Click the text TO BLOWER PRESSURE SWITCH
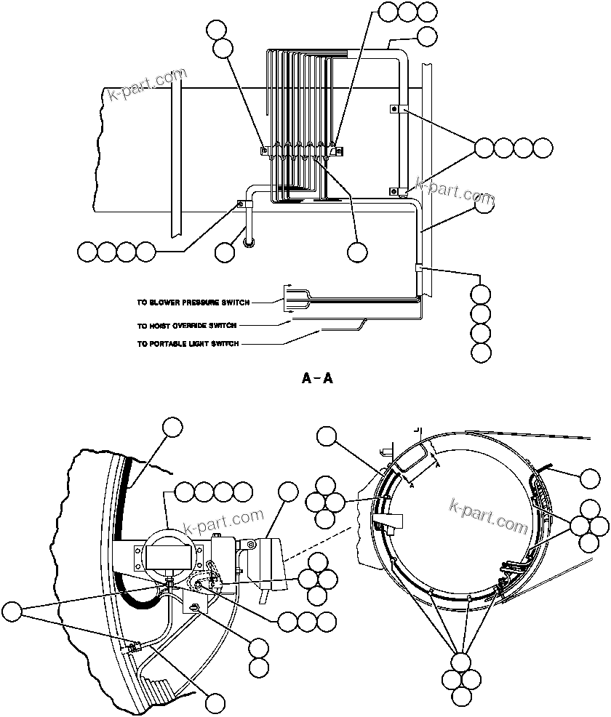193,302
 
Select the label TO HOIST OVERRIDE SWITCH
187,326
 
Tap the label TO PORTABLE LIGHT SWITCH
187,343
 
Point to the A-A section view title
316,378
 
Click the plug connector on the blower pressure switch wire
289,293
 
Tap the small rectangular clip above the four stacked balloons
418,268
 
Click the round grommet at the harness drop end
249,242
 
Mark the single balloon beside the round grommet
225,252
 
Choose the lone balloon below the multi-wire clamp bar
356,251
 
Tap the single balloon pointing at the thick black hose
172,428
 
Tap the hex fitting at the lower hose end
133,646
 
